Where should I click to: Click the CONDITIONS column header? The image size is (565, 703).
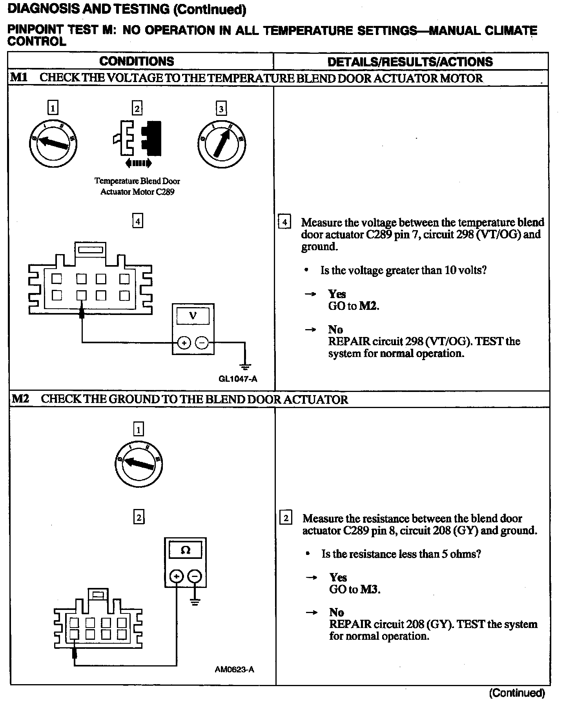[x=137, y=61]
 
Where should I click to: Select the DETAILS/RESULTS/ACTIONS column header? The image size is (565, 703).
[x=410, y=62]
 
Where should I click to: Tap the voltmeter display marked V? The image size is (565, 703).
[x=193, y=315]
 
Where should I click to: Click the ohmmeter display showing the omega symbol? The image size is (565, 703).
[x=185, y=550]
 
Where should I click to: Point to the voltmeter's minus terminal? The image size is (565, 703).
[x=202, y=343]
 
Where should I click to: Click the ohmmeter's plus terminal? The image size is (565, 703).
[x=177, y=576]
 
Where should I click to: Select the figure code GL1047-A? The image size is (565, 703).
[x=238, y=379]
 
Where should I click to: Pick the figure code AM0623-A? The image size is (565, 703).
[x=234, y=669]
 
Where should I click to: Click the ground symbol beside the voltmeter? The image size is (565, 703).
[x=245, y=367]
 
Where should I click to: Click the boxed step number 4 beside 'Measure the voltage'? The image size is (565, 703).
[x=284, y=222]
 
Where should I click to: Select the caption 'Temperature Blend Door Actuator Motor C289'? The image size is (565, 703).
[x=137, y=186]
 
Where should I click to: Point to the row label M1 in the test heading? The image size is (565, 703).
[x=19, y=77]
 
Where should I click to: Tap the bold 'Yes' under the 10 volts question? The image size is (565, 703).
[x=337, y=294]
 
